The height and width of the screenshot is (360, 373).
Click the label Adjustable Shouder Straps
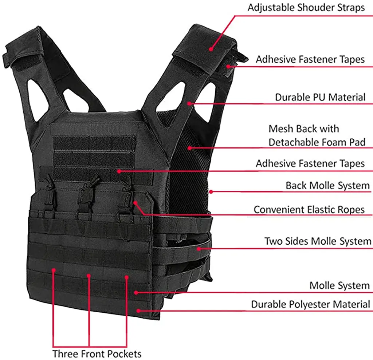point(306,8)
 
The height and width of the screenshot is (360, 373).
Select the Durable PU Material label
point(320,98)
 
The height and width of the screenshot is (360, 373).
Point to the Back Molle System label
point(327,186)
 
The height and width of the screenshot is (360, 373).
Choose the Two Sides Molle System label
point(318,241)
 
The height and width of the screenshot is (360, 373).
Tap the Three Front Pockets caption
point(97,353)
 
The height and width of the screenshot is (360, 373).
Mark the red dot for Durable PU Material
point(190,103)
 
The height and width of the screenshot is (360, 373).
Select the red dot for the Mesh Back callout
point(190,147)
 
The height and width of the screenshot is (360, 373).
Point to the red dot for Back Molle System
point(211,191)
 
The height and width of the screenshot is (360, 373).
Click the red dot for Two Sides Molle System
point(199,249)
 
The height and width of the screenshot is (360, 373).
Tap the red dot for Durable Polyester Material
point(138,310)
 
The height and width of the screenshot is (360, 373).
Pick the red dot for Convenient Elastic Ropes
point(135,202)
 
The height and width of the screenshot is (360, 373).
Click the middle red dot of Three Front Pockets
point(89,276)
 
